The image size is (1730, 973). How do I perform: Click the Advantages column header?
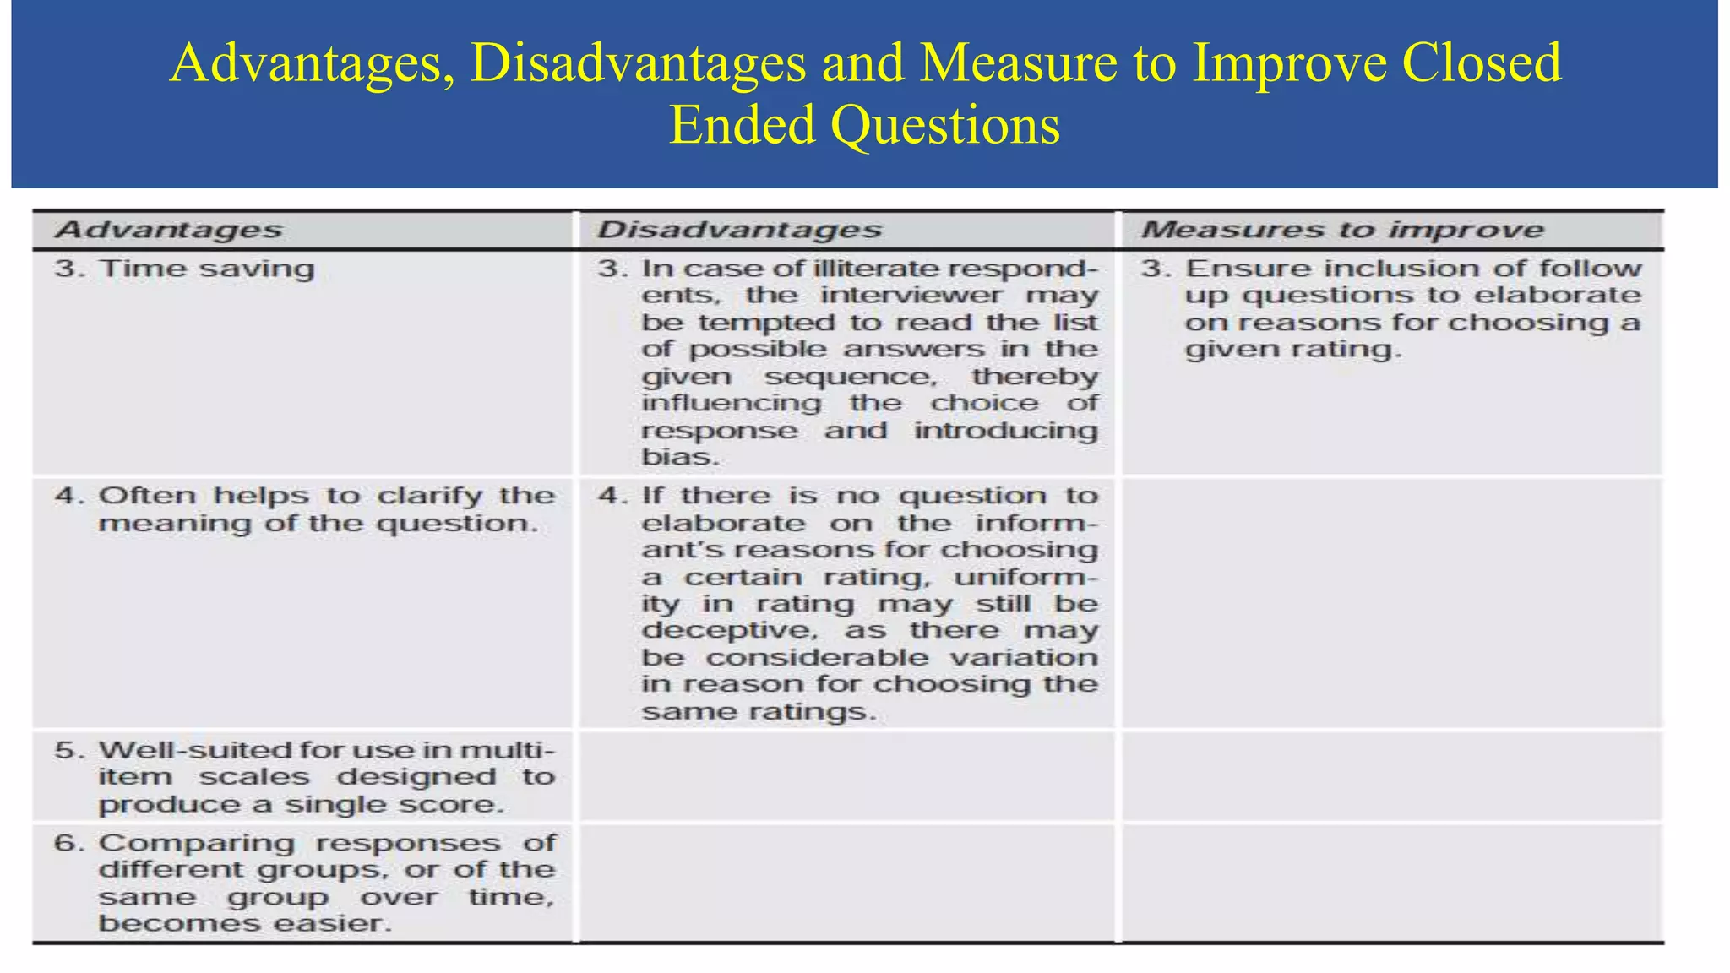tap(168, 230)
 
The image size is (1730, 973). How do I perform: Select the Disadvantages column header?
tap(739, 230)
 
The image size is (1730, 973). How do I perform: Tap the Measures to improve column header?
tap(1342, 230)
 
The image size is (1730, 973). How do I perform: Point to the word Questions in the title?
tap(944, 125)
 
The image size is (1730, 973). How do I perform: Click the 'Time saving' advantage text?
tap(206, 269)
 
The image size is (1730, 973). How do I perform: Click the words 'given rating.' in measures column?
tap(1292, 350)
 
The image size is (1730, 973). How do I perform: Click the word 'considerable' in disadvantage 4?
tap(817, 658)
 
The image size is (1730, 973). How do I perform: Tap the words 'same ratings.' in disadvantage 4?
tap(759, 712)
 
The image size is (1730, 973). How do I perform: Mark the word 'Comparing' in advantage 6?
tap(196, 843)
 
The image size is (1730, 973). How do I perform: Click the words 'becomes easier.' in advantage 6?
tap(245, 923)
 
